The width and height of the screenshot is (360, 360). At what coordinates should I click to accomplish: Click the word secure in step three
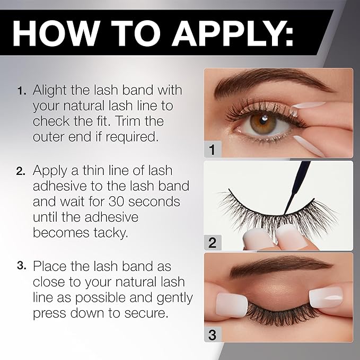click(146, 312)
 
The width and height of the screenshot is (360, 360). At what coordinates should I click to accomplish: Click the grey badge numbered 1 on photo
click(212, 150)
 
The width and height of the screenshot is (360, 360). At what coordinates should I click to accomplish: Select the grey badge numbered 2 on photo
click(212, 243)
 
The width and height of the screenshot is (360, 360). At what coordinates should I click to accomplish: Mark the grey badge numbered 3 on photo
click(212, 335)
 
